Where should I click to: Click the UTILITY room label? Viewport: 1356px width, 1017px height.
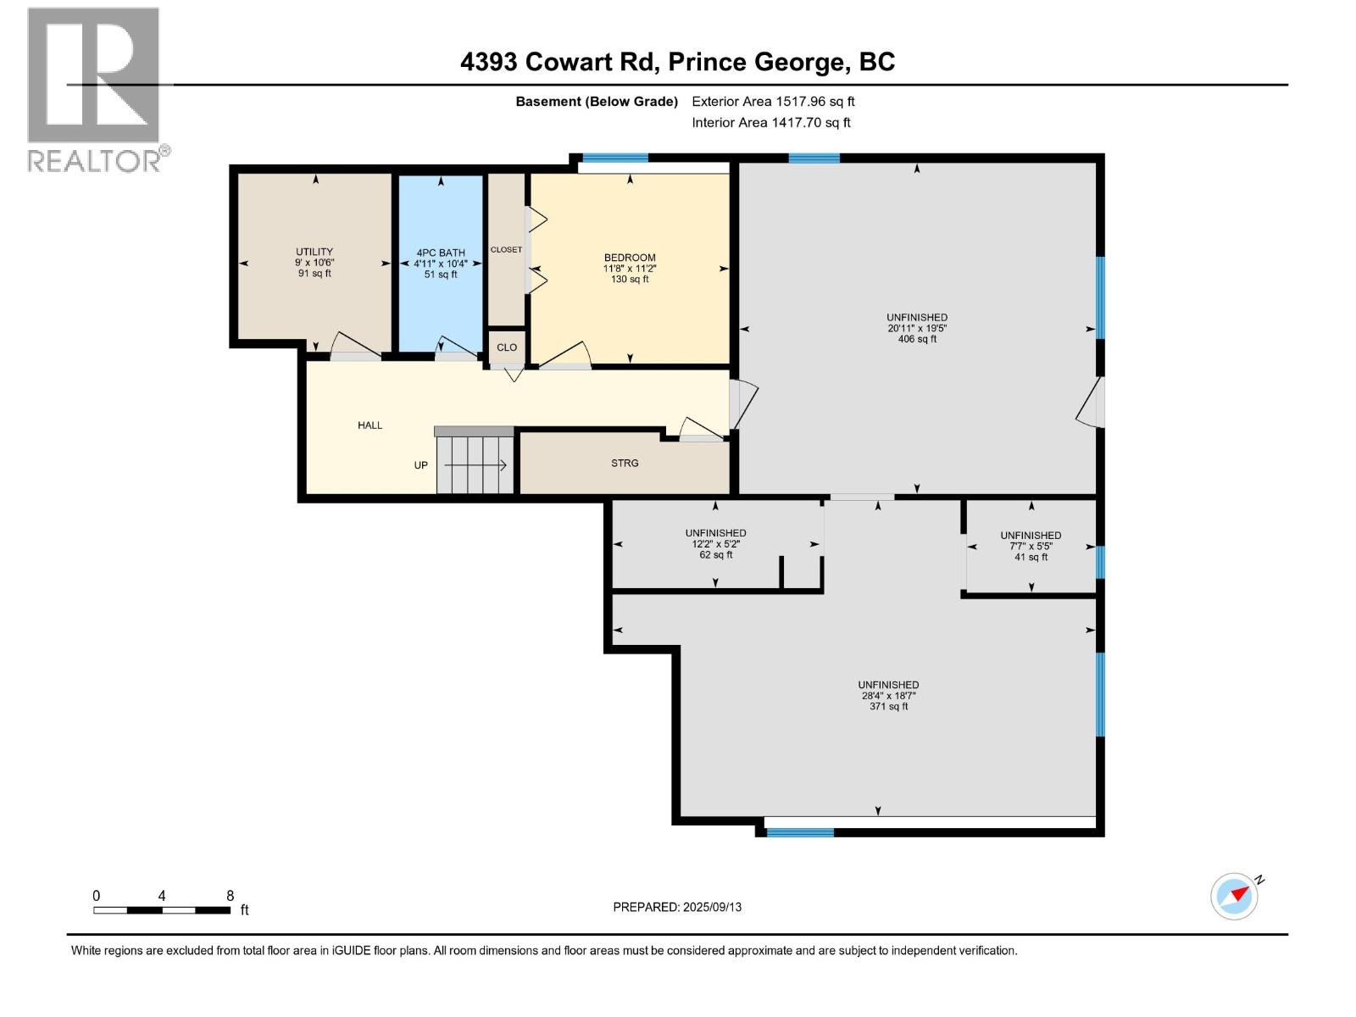point(314,252)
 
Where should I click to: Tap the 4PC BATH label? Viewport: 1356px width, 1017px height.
point(441,253)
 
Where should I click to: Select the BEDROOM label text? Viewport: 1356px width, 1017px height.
point(630,258)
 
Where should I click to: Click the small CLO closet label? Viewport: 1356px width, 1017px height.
point(507,347)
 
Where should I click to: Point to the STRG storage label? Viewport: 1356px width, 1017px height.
point(625,464)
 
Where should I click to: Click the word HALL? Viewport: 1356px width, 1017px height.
point(370,425)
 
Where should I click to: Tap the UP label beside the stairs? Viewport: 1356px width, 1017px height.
point(420,465)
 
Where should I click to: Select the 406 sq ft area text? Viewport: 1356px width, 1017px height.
point(917,339)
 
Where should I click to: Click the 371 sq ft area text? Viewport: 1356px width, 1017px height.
point(888,706)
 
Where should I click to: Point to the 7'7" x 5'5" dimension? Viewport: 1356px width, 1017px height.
point(1031,546)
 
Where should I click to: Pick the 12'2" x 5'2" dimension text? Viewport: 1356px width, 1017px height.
point(715,544)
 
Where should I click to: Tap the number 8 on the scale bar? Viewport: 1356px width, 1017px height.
point(230,896)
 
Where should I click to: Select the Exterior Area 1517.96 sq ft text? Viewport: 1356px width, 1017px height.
point(773,101)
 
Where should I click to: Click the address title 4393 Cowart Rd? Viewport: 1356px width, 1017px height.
point(560,62)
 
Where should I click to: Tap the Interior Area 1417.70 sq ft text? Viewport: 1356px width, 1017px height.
point(771,123)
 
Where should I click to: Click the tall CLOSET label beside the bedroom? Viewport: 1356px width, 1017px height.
point(506,250)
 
